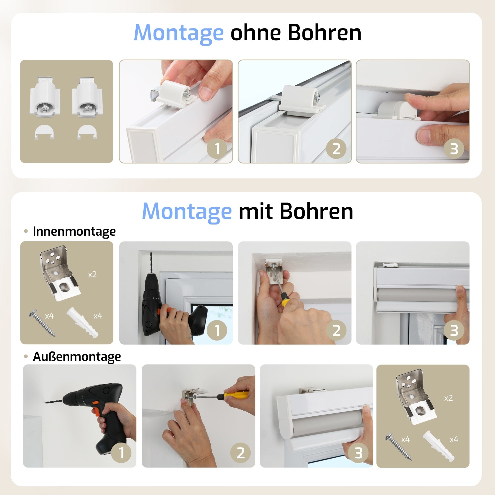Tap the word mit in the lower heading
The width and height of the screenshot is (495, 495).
(x=255, y=212)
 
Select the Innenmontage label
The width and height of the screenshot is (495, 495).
(x=74, y=231)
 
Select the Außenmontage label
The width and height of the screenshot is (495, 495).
(x=77, y=356)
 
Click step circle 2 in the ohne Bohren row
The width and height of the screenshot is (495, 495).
(x=336, y=148)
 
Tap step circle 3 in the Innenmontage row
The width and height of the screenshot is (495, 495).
(x=454, y=330)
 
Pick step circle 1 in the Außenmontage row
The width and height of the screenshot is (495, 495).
(x=122, y=453)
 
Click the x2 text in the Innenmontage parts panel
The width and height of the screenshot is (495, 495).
(x=92, y=275)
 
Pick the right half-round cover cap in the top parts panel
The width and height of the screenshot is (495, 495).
(x=87, y=132)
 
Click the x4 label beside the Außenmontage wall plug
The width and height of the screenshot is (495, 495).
(x=454, y=440)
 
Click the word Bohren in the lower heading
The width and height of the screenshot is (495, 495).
(x=316, y=212)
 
